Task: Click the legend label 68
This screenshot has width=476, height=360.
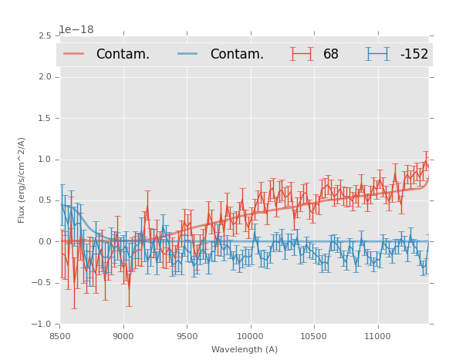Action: click(x=331, y=54)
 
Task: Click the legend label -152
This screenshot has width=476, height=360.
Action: click(x=414, y=54)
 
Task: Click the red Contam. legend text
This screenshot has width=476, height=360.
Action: click(x=123, y=54)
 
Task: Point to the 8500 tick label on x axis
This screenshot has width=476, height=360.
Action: click(x=60, y=336)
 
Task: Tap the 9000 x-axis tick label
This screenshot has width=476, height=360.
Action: click(x=123, y=336)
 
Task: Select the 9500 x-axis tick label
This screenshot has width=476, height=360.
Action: click(x=187, y=336)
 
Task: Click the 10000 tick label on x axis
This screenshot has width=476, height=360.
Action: click(x=250, y=336)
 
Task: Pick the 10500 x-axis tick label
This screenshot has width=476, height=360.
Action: click(x=314, y=336)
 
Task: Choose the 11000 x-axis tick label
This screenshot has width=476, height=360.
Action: click(x=377, y=336)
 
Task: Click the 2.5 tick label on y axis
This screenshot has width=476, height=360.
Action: click(x=45, y=36)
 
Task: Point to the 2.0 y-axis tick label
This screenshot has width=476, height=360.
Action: click(x=45, y=77)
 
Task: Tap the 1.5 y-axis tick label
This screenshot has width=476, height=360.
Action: click(x=45, y=119)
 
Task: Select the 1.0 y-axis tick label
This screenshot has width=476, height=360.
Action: click(x=45, y=160)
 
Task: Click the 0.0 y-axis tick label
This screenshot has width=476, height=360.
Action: click(x=45, y=242)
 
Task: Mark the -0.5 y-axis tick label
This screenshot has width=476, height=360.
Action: click(x=42, y=283)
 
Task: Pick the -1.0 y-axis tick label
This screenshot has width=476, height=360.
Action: click(x=42, y=325)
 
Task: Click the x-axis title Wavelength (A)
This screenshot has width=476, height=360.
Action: click(x=245, y=349)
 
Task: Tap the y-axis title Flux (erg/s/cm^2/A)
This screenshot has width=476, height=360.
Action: click(x=22, y=180)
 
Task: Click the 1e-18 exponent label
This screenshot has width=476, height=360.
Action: click(x=76, y=30)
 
